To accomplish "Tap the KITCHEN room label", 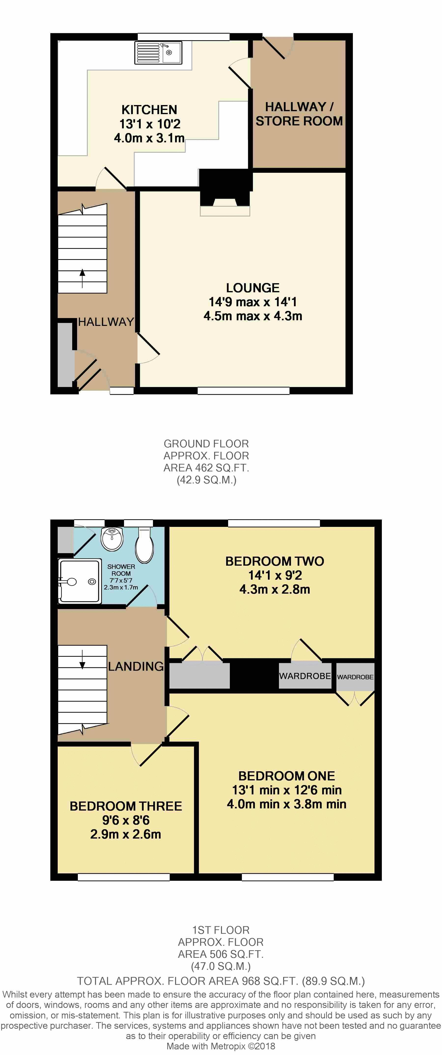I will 149,110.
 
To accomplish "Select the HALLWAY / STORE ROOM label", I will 299,114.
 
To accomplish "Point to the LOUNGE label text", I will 253,288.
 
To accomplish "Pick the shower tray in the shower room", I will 80,582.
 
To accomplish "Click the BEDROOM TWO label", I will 275,561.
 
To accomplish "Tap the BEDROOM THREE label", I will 126,806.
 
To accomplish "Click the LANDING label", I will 136,666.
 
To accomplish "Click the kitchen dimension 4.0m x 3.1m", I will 149,138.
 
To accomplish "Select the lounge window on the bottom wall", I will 243,391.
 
